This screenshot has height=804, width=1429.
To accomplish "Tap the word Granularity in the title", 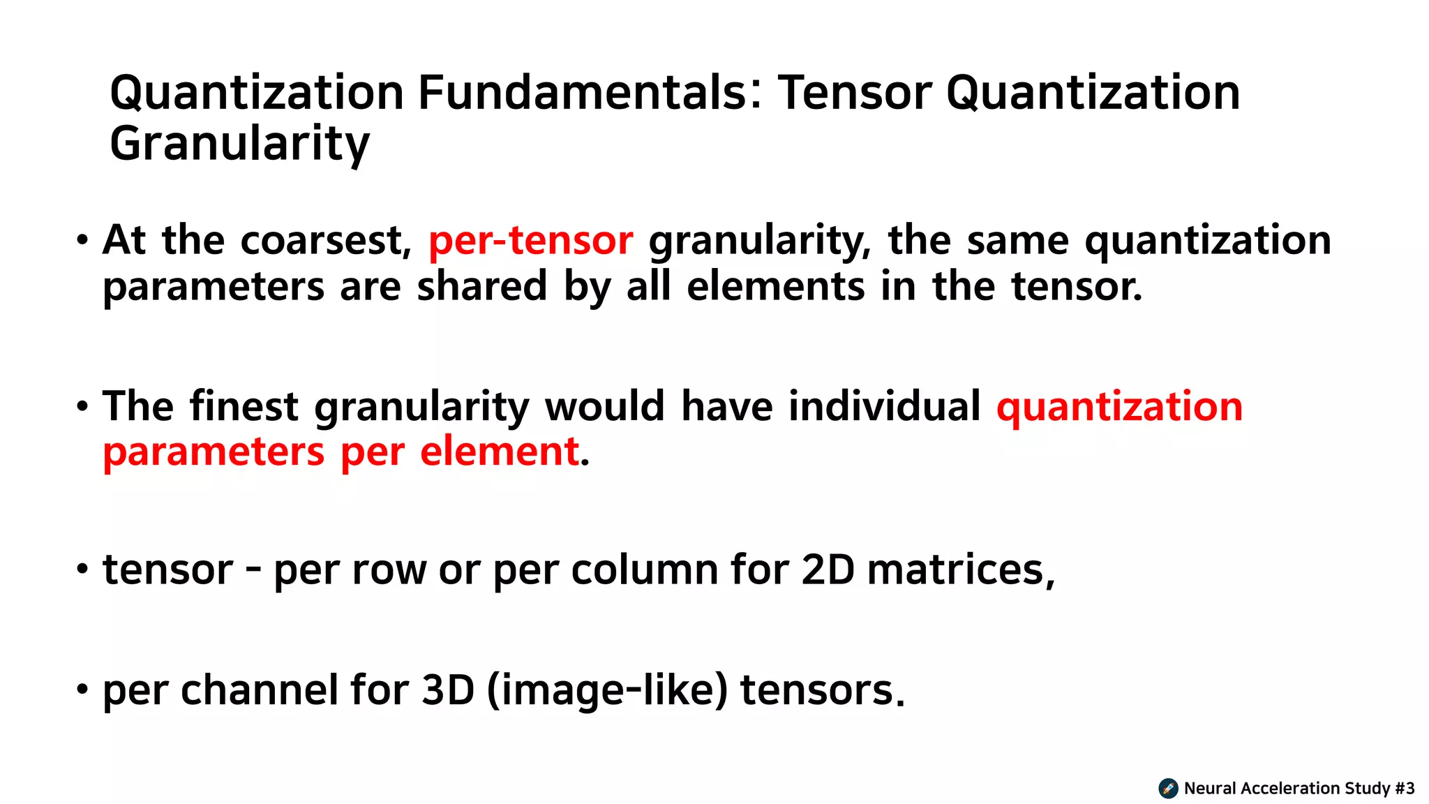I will (x=239, y=144).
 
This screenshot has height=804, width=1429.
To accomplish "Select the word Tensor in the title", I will (x=855, y=93).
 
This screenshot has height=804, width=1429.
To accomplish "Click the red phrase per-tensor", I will (x=531, y=241).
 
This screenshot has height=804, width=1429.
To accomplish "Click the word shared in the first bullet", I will (x=481, y=287).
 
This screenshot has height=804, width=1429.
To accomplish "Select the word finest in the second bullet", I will (x=244, y=406).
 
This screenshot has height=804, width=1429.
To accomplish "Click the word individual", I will (x=885, y=406).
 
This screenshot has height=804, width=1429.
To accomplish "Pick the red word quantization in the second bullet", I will (x=1119, y=406).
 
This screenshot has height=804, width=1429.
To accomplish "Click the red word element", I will (x=500, y=452).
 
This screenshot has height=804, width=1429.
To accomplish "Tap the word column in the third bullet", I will (x=645, y=569).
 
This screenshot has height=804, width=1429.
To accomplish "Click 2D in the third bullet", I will (x=828, y=569).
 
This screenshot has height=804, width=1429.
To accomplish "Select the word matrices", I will (x=960, y=569).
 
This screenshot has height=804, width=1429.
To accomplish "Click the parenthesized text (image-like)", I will (x=607, y=690).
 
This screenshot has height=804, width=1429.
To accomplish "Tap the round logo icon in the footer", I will (x=1168, y=789).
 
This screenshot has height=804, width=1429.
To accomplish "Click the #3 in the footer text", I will (x=1405, y=789).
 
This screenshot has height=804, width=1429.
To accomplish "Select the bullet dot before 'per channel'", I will (x=83, y=690).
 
